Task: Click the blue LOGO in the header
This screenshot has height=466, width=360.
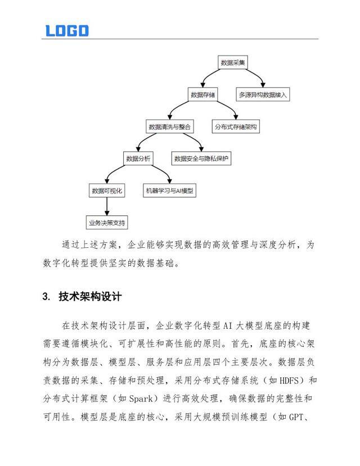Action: point(67,30)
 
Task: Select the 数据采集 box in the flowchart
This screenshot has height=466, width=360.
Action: point(232,62)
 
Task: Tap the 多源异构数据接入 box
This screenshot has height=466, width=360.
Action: point(263,94)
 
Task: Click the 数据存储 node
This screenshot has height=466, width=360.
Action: point(202,94)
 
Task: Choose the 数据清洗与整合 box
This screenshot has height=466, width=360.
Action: point(169,127)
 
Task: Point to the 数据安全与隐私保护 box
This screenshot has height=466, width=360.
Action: point(202,159)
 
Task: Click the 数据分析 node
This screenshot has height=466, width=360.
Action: point(138,159)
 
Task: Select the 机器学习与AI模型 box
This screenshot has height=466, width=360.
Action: point(169,191)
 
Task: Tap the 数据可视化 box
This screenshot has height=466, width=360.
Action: point(107,191)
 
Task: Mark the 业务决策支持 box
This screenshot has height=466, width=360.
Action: point(107,223)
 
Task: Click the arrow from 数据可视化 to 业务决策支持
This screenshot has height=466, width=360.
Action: point(107,207)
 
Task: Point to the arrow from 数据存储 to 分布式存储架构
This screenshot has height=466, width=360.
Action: point(226,111)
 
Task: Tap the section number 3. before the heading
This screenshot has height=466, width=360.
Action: point(47,297)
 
